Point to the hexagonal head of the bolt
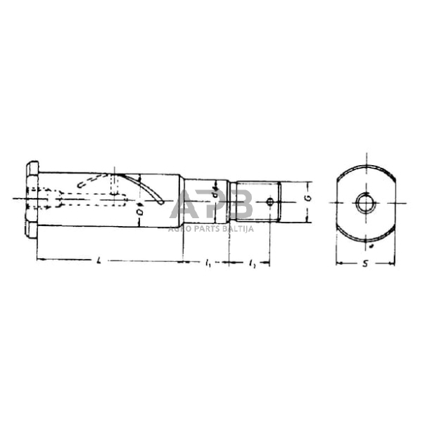pyautogui.click(x=32, y=198)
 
